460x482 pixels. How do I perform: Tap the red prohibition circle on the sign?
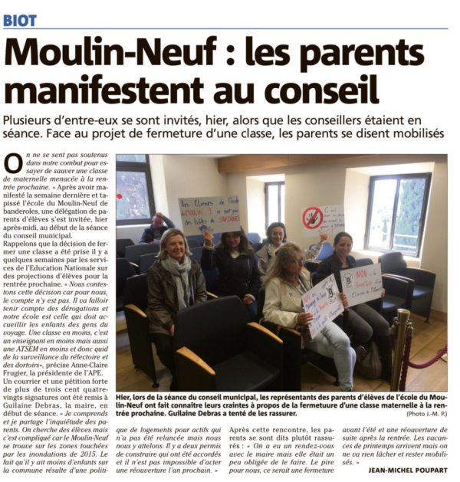coord(312,218)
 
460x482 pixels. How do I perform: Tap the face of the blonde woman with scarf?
coord(175,245)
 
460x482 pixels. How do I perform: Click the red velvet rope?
coord(429,360)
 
